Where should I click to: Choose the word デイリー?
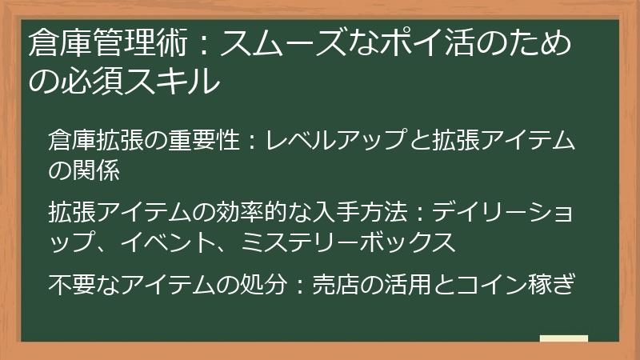click(x=476, y=213)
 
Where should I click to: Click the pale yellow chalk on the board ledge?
click(x=564, y=338)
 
